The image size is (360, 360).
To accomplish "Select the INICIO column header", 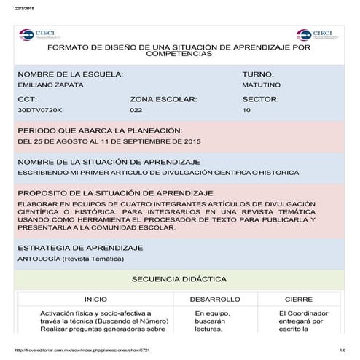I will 95,299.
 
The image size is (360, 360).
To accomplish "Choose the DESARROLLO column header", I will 215,299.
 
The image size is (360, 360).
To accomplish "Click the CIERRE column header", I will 299,299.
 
